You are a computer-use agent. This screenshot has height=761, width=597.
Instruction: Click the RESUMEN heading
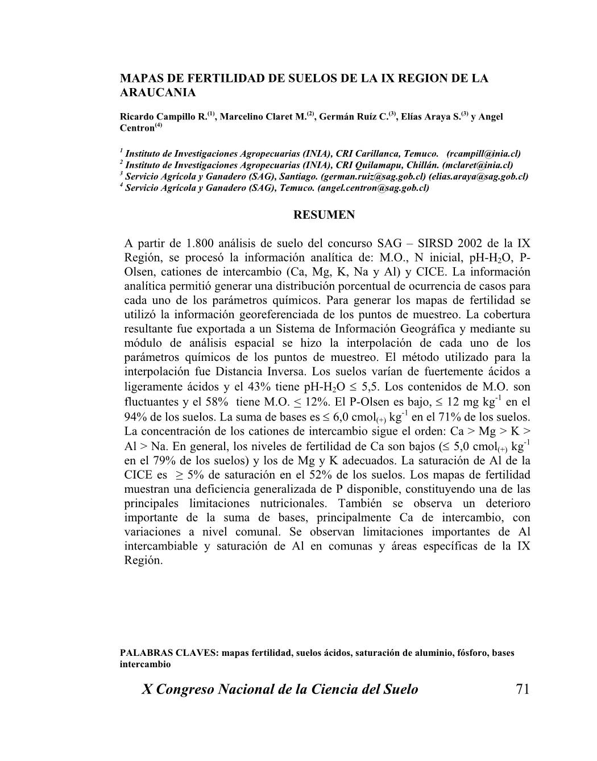324,215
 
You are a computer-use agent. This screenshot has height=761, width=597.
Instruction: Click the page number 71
522,689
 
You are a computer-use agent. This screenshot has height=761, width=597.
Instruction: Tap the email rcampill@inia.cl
484,154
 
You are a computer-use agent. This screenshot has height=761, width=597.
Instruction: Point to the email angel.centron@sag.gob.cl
373,188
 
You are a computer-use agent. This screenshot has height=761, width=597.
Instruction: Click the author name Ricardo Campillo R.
163,117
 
